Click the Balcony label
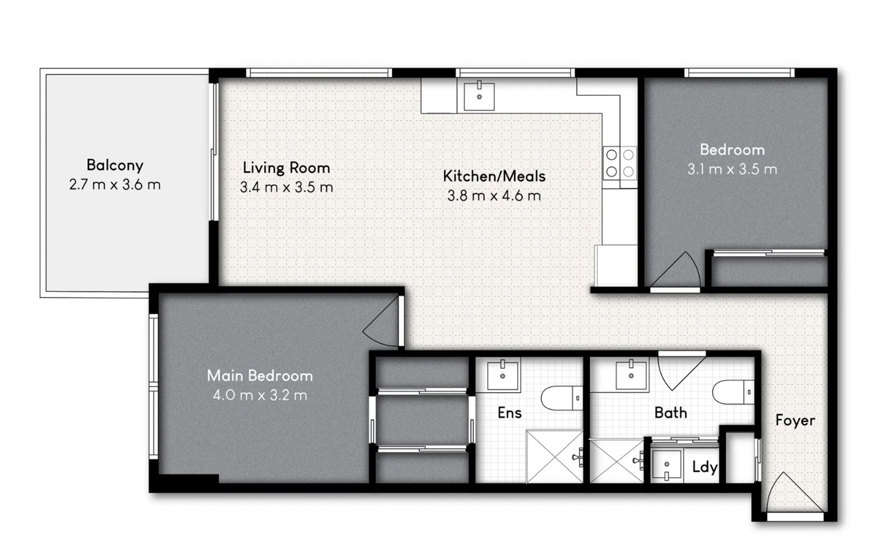[115, 165]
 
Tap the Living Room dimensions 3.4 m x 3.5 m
[287, 188]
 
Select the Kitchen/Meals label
[494, 176]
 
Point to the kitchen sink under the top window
[479, 96]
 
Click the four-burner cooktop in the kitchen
[620, 163]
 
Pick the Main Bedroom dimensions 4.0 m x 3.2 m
[260, 395]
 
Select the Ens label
[510, 413]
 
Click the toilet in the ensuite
[562, 398]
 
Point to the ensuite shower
[555, 456]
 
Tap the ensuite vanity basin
[503, 375]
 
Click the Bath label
[671, 413]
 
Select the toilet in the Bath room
[733, 392]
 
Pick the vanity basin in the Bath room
[631, 374]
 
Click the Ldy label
[705, 467]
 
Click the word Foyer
[795, 421]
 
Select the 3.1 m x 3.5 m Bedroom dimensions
[732, 169]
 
